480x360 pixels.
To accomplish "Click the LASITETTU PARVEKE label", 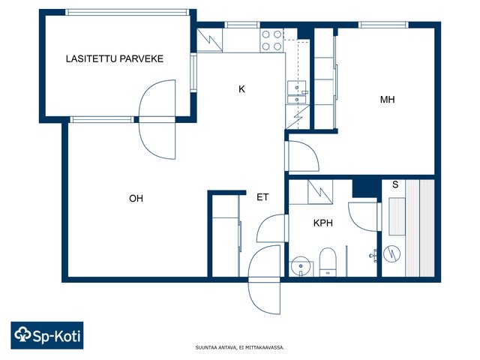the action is pyautogui.click(x=115, y=58).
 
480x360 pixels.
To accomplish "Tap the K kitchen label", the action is pyautogui.click(x=241, y=89).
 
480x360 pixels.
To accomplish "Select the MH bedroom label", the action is pyautogui.click(x=387, y=100).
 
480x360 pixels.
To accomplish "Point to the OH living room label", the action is pyautogui.click(x=136, y=198).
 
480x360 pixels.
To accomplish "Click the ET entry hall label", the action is pyautogui.click(x=262, y=197).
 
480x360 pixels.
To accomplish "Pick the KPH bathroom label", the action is pyautogui.click(x=323, y=223).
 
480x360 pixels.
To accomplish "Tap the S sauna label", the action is pyautogui.click(x=395, y=184).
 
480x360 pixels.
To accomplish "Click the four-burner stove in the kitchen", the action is pyautogui.click(x=271, y=40).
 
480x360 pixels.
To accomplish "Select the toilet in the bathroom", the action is pyautogui.click(x=328, y=262).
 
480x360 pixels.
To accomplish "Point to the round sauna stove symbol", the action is pyautogui.click(x=391, y=253).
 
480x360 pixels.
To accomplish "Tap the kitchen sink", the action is pyautogui.click(x=297, y=92).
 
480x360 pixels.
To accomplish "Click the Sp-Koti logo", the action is pyautogui.click(x=47, y=335).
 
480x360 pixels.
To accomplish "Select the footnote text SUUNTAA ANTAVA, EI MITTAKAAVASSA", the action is pyautogui.click(x=240, y=347).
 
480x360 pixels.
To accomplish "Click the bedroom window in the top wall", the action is pyautogui.click(x=383, y=25).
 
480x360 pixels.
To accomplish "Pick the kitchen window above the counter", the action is pyautogui.click(x=242, y=25).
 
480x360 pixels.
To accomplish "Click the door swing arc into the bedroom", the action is pyautogui.click(x=310, y=146).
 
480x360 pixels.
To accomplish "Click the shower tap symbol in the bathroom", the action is pyautogui.click(x=373, y=256).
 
